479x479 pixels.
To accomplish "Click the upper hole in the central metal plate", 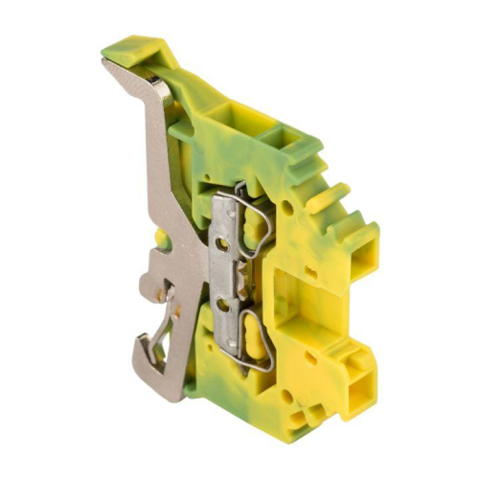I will point(222,244).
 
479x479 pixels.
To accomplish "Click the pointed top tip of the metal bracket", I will point(105,63).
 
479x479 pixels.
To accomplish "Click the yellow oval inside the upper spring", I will point(256,230).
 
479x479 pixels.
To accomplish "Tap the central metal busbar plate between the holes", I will point(222,275).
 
